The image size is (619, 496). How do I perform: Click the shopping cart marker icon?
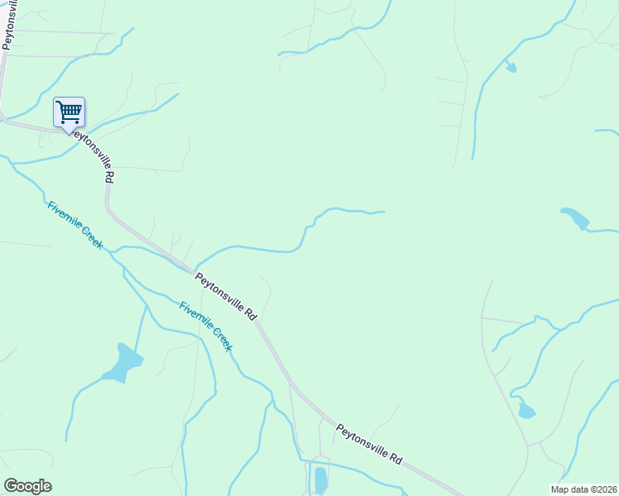pos(69,112)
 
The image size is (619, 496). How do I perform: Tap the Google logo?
pos(27,486)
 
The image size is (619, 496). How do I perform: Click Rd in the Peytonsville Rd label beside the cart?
pos(108,176)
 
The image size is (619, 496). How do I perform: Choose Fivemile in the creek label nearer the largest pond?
pos(192,313)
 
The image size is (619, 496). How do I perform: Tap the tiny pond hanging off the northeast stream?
pos(511,68)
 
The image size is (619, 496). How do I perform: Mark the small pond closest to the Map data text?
pos(525,411)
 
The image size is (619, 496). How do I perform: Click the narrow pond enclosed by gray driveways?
pos(320,479)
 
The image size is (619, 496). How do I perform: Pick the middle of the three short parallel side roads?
pos(452,103)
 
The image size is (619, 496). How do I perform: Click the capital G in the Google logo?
pos(11,486)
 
